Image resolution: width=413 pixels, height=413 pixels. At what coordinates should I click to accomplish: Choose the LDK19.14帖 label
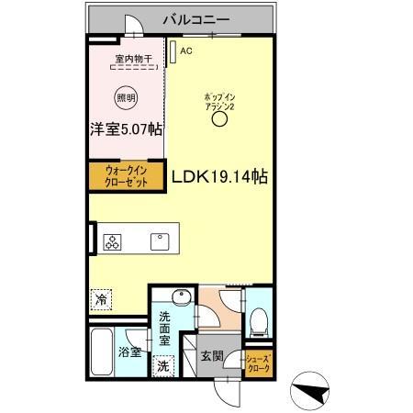point(219,176)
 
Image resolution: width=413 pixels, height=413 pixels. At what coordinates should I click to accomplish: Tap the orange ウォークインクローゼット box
point(126,174)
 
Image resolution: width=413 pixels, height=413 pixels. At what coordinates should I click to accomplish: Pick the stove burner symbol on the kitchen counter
point(114,243)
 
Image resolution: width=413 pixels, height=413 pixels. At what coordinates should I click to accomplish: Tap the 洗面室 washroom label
point(164,328)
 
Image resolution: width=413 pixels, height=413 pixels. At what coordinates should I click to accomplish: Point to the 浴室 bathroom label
point(128,352)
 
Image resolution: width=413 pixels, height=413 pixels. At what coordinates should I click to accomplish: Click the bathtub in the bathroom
point(104,352)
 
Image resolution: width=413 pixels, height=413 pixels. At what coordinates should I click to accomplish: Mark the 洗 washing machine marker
point(163,365)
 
